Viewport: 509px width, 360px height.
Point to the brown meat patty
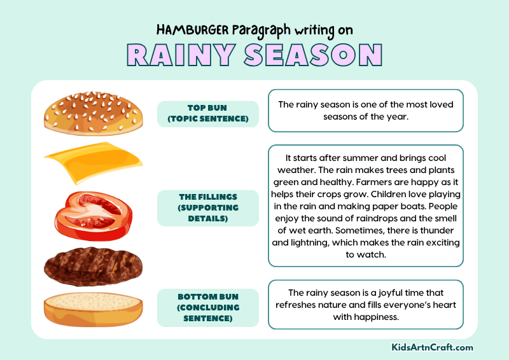(x=93, y=265)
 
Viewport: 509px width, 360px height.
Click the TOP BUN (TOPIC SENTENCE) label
(x=207, y=113)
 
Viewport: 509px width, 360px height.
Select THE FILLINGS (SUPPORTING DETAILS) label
(x=207, y=208)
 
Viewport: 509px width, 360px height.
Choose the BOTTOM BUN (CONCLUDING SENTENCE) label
(x=207, y=307)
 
